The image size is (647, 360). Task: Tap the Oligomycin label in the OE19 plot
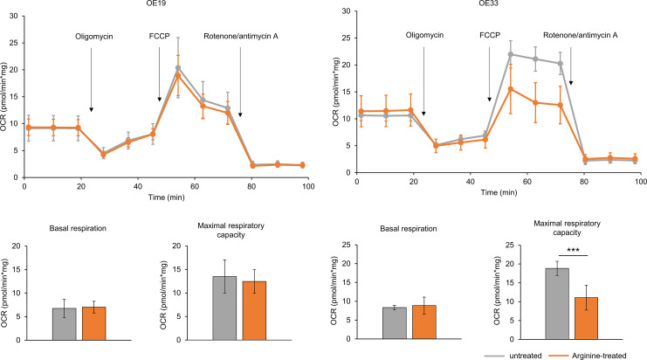[93, 38]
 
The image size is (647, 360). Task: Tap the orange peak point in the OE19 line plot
[178, 75]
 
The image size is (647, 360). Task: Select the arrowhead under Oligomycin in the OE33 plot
[423, 114]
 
